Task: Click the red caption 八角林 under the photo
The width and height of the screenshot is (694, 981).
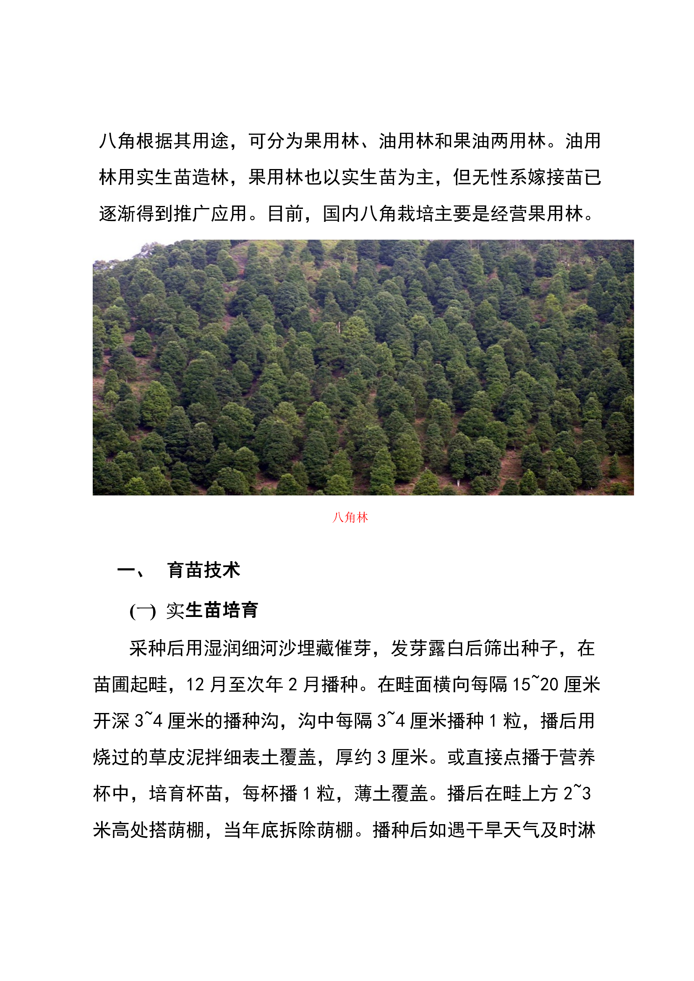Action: pos(350,518)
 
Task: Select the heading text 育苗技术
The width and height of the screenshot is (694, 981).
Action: pos(204,570)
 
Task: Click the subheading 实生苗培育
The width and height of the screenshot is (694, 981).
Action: pos(212,610)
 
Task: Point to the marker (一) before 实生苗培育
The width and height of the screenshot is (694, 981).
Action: pos(143,611)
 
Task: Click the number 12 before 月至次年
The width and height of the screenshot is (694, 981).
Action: pos(195,685)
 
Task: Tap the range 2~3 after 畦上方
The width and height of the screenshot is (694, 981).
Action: pos(577,794)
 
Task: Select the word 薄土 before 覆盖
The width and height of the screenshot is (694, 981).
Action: pos(372,794)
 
